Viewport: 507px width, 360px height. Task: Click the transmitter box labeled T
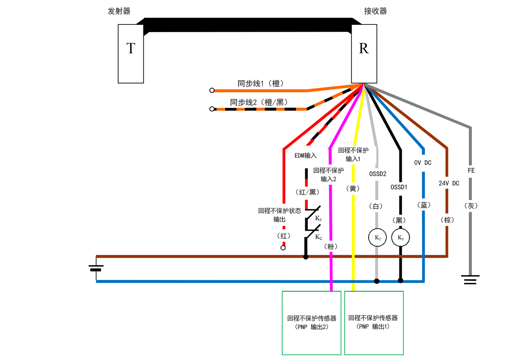coord(131,54)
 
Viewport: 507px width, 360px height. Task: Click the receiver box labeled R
coord(364,54)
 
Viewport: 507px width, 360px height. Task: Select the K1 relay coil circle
coord(401,237)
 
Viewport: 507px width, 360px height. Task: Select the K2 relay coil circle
coord(377,237)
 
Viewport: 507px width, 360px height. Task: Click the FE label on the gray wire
coord(471,171)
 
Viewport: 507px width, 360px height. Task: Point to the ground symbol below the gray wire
coord(471,279)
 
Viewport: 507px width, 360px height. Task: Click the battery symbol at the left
coord(96,268)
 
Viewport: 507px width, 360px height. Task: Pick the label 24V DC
coord(449,183)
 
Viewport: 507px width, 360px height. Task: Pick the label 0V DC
coord(423,163)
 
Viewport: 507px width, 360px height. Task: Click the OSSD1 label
coord(399,187)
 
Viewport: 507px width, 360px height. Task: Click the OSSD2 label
coord(378,174)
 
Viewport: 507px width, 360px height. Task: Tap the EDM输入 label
coord(305,156)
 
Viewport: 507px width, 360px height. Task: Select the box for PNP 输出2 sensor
coord(312,323)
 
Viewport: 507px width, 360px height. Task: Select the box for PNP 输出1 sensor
coord(374,323)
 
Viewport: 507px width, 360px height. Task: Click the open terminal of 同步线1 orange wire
coord(212,90)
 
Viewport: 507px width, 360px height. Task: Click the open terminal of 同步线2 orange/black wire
coord(212,109)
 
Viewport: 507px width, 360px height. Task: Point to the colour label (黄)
coord(354,189)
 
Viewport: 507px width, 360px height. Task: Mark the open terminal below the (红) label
coord(283,248)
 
